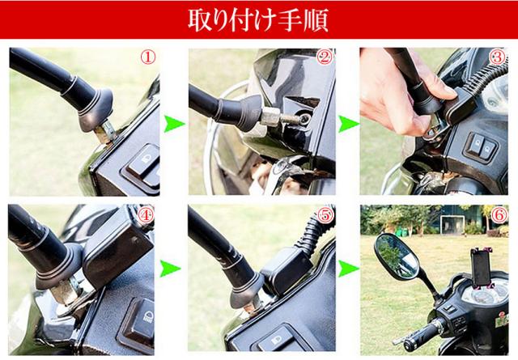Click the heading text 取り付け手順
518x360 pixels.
[258, 20]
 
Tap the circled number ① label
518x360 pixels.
[147, 57]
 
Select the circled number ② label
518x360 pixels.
[324, 57]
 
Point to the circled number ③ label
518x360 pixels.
[497, 57]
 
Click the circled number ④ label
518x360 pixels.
[146, 216]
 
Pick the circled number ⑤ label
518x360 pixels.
[325, 216]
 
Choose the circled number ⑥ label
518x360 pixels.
[499, 215]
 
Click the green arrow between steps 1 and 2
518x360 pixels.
[174, 125]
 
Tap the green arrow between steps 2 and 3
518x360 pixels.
[348, 125]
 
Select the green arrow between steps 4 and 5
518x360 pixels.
[171, 269]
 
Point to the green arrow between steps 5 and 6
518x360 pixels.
[348, 269]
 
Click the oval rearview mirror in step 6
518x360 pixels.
[397, 256]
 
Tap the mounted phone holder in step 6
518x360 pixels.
[482, 268]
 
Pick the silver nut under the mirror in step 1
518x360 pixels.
[106, 131]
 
